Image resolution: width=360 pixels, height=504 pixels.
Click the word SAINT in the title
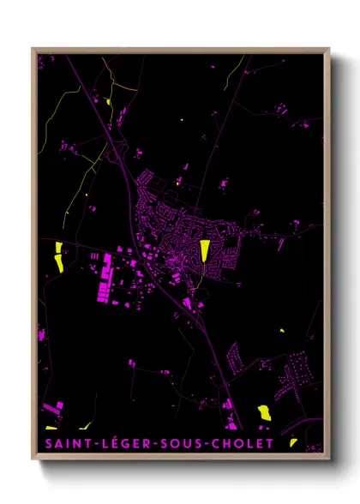coord(64,444)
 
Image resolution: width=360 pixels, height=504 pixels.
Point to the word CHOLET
coord(243,444)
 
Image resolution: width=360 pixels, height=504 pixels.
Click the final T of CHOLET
coord(270,444)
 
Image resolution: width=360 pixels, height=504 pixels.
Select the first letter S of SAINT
coord(44,444)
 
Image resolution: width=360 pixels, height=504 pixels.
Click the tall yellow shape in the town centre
coord(205,252)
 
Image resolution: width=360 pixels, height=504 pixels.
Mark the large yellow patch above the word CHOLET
coord(264,412)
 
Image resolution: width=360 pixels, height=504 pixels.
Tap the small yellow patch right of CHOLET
coord(293,442)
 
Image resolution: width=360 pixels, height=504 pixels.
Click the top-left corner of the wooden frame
coord(33,48)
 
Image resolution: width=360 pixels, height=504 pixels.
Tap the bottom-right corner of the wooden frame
coord(329,459)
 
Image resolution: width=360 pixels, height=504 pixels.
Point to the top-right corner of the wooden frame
coord(329,48)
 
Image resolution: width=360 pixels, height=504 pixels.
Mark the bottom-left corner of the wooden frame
coord(33,459)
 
